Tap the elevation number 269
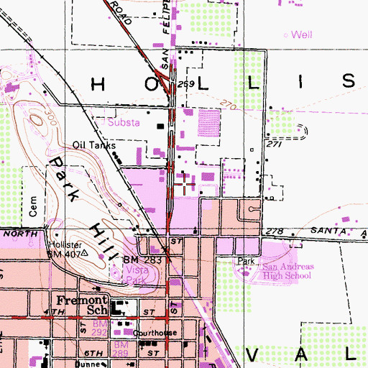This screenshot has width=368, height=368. [x=187, y=85]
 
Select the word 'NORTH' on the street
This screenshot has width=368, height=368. [x=15, y=234]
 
